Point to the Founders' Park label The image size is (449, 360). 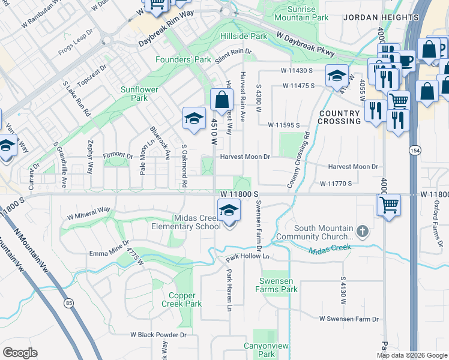pos(183,59)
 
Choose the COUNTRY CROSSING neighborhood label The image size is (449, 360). pos(340,117)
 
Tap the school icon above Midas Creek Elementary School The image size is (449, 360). pos(228,211)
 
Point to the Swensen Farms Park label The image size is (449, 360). pos(279,285)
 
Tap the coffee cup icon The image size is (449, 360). pos(406,60)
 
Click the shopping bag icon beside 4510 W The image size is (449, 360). pos(221,100)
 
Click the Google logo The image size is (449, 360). pos(20,353)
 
